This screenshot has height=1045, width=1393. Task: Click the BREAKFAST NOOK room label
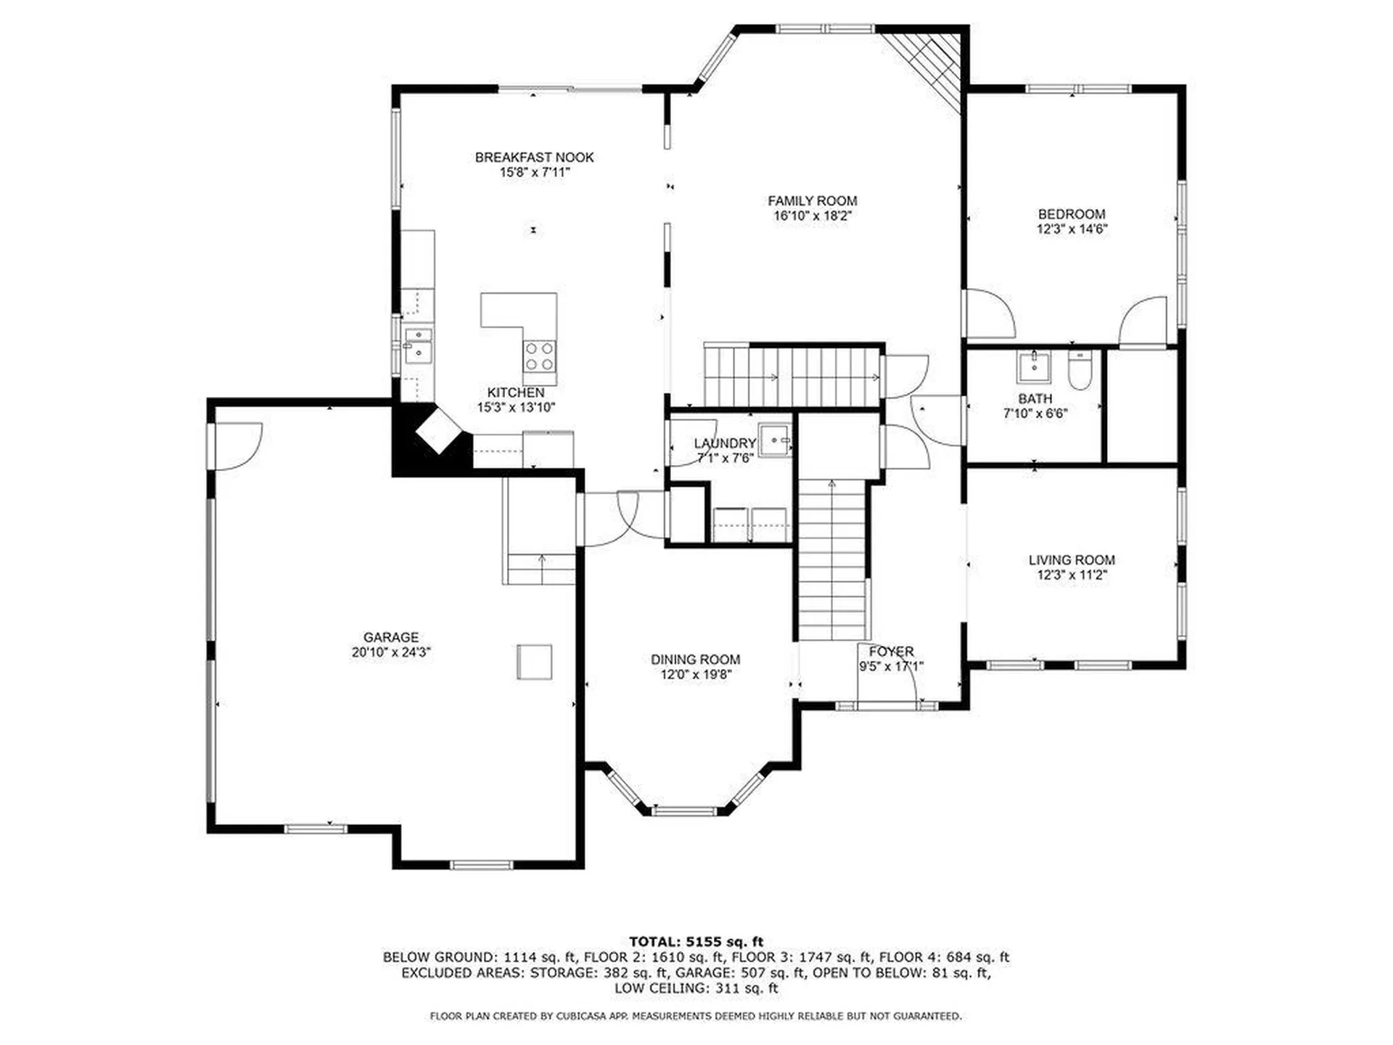click(x=534, y=157)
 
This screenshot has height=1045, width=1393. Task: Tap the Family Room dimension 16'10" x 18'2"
click(x=812, y=216)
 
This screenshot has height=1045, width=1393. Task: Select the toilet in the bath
click(x=1079, y=370)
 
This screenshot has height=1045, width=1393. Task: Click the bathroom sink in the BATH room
click(x=1033, y=366)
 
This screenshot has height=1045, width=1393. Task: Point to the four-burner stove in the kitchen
click(x=539, y=356)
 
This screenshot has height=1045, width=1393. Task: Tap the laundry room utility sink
click(x=776, y=440)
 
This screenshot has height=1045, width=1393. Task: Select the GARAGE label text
click(x=391, y=637)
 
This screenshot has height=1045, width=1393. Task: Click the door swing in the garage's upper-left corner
click(x=236, y=445)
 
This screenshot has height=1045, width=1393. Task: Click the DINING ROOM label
click(x=695, y=660)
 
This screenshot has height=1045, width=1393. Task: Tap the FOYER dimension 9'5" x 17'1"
click(x=891, y=666)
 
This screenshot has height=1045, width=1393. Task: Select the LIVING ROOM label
click(x=1072, y=560)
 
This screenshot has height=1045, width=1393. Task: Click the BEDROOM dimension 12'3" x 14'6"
click(x=1072, y=229)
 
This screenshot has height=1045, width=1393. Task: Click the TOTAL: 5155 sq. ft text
click(x=696, y=942)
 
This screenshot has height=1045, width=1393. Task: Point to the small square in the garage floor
click(x=534, y=662)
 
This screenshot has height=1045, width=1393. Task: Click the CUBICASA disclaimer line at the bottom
click(x=696, y=1016)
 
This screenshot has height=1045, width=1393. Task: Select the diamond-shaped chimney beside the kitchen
click(x=438, y=430)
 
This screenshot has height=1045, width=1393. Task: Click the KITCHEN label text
click(x=515, y=393)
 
